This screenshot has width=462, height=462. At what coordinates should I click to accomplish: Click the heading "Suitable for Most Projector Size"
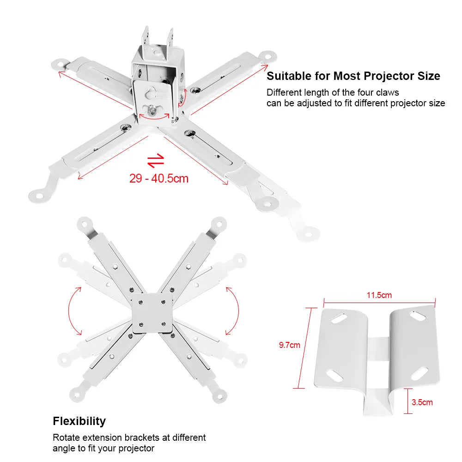pos(353,76)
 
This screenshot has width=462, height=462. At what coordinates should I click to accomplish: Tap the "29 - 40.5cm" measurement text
pos(159,178)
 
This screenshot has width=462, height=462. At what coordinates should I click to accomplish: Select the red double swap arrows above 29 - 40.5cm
pos(156,160)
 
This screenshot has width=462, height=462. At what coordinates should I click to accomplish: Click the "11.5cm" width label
pos(379,295)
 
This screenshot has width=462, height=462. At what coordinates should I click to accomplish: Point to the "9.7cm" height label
pos(289,345)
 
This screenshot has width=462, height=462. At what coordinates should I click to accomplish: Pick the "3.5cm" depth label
pos(422,402)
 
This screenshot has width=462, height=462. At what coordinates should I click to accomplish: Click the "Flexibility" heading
pos(79,421)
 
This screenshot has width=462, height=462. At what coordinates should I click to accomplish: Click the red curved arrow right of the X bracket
pos(232,310)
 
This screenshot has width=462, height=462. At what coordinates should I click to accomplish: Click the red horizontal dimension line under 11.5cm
pos(379,303)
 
